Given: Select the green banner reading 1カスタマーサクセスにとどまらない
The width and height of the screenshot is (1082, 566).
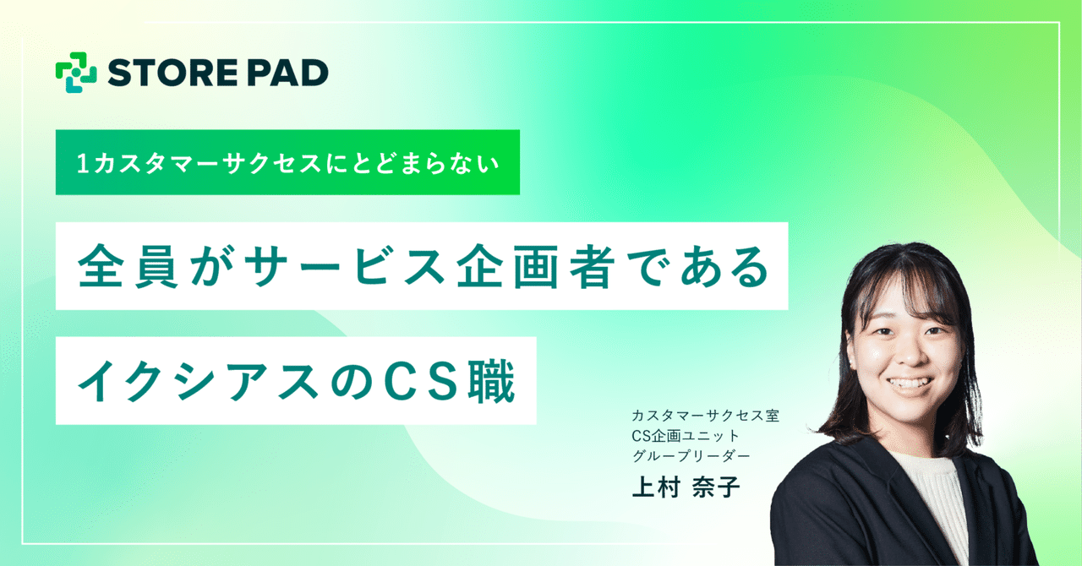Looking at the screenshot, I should click(x=287, y=162).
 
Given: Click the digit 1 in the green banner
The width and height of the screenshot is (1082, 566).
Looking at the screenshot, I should click(x=82, y=163).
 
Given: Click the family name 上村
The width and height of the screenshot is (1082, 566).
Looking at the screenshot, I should click(x=656, y=489).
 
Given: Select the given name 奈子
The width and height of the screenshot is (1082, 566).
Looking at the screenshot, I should click(x=715, y=489).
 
